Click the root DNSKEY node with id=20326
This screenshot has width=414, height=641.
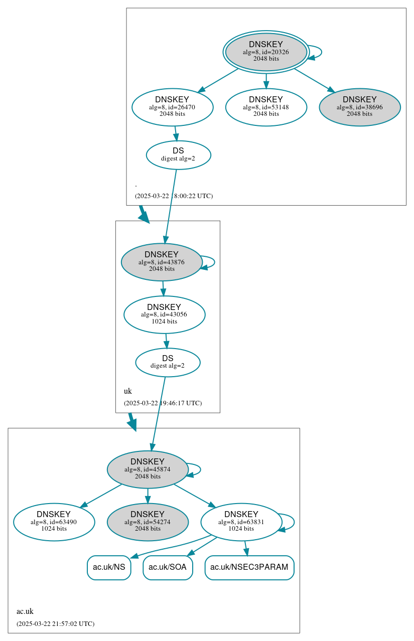pyautogui.click(x=266, y=52)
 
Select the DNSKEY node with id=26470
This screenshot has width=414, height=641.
pyautogui.click(x=172, y=107)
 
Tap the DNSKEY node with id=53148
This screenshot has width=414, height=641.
pyautogui.click(x=266, y=107)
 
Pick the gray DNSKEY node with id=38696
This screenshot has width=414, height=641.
pyautogui.click(x=359, y=107)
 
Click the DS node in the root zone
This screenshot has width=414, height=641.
pyautogui.click(x=178, y=155)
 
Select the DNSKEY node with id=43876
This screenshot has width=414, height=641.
pyautogui.click(x=161, y=262)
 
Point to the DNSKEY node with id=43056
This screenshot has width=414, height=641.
pyautogui.click(x=164, y=314)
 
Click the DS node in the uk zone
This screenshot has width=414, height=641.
pyautogui.click(x=168, y=362)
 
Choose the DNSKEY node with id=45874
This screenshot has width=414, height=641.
pyautogui.click(x=148, y=469)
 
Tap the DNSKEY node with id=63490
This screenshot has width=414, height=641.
pyautogui.click(x=54, y=522)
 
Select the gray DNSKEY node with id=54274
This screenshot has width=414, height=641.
pyautogui.click(x=148, y=522)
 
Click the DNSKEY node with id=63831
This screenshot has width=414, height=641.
pyautogui.click(x=241, y=522)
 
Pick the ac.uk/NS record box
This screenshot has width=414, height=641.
pyautogui.click(x=109, y=568)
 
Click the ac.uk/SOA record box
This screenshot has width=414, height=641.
pyautogui.click(x=168, y=568)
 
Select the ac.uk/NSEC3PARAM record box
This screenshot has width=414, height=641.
pyautogui.click(x=249, y=568)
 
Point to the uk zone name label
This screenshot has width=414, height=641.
pyautogui.click(x=128, y=391)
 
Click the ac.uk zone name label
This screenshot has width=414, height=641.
pyautogui.click(x=25, y=611)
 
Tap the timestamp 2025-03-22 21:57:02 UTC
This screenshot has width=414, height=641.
pyautogui.click(x=55, y=624)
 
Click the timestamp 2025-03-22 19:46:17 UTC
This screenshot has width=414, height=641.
pyautogui.click(x=163, y=403)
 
